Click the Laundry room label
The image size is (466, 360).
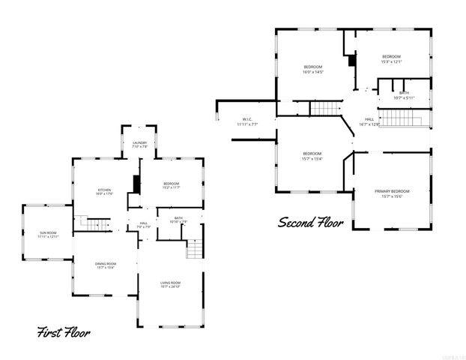pyautogui.click(x=139, y=145)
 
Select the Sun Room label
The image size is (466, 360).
pyautogui.click(x=47, y=235)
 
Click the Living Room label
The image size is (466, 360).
pyautogui.click(x=171, y=285)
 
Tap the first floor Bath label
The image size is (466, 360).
pyautogui.click(x=178, y=219)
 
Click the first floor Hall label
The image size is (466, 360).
pyautogui.click(x=143, y=224)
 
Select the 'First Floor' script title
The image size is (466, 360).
pyautogui.click(x=64, y=331)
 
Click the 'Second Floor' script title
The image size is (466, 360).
pyautogui.click(x=311, y=223)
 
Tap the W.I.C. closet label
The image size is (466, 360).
pyautogui.click(x=247, y=121)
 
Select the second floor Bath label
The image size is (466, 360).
pyautogui.click(x=404, y=95)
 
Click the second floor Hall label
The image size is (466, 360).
pyautogui.click(x=369, y=121)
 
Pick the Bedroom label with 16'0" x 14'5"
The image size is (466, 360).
pyautogui.click(x=312, y=70)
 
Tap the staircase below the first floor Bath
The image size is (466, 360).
pyautogui.click(x=194, y=248)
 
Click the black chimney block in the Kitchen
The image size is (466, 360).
pyautogui.click(x=136, y=184)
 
